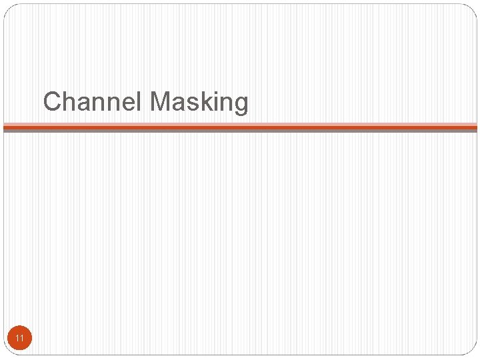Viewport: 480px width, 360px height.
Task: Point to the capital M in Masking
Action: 161,102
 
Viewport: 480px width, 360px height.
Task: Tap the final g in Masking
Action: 240,105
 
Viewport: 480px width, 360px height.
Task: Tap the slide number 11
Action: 20,339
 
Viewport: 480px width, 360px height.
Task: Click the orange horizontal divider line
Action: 240,126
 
